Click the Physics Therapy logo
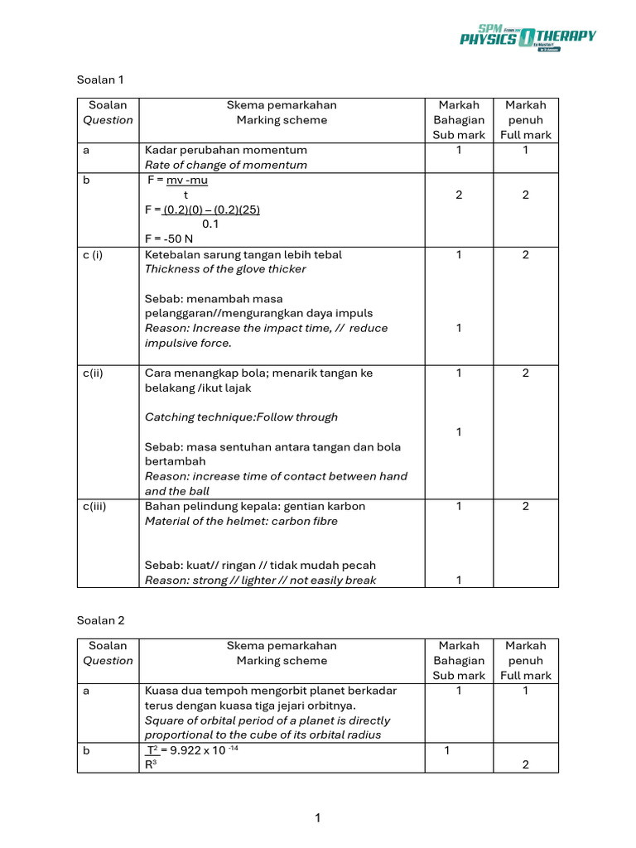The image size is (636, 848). (x=528, y=38)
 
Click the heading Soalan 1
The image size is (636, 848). (x=99, y=79)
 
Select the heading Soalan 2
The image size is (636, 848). (x=99, y=619)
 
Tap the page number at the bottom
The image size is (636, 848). (x=317, y=818)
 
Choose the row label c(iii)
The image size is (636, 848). (x=96, y=506)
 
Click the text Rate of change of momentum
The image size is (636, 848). (x=225, y=165)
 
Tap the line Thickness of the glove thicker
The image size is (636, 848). (x=225, y=269)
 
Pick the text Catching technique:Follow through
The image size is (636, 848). (x=241, y=417)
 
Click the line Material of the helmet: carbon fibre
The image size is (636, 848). (x=241, y=521)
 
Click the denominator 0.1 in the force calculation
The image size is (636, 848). (x=210, y=224)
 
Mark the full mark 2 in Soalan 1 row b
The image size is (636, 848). (x=525, y=195)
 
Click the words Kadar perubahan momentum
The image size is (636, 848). (x=225, y=150)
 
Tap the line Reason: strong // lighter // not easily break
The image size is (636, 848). (x=260, y=581)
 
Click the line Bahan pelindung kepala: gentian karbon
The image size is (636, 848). (x=255, y=506)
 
